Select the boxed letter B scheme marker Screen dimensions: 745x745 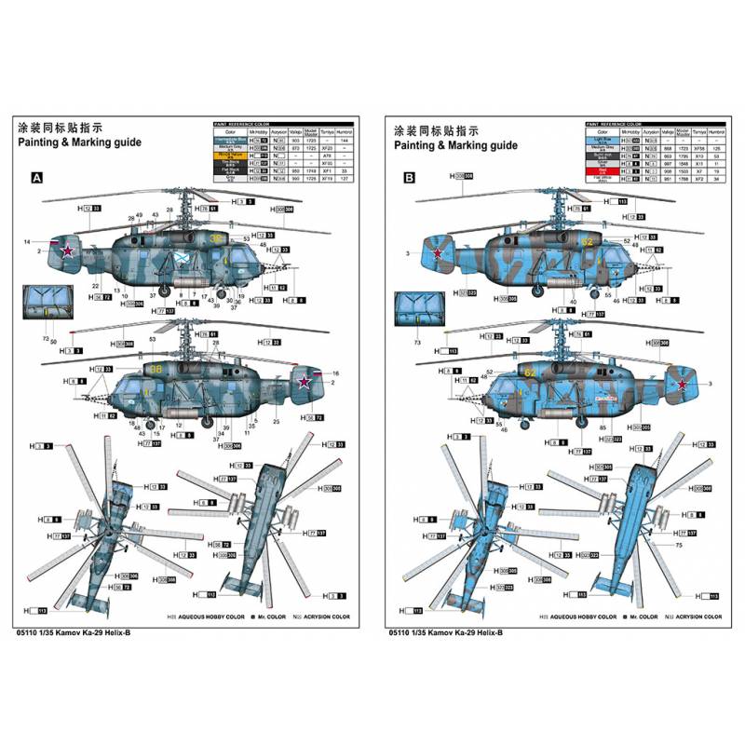409,178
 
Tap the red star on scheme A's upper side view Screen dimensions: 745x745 67,249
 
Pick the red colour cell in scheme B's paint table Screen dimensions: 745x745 603,171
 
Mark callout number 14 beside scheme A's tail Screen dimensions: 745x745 27,242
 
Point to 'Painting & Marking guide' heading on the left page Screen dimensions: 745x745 79,145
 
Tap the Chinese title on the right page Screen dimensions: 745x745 436,129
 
